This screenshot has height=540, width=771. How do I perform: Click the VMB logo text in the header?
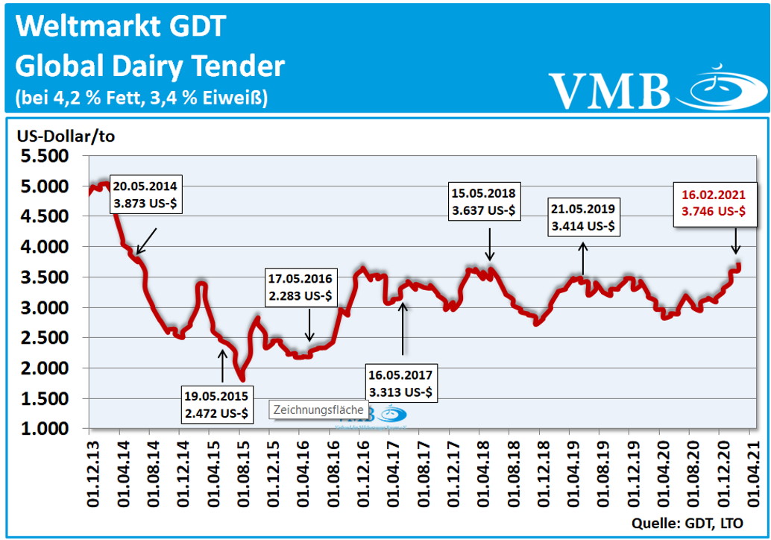click(609, 89)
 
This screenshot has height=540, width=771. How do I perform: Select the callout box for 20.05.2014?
click(147, 194)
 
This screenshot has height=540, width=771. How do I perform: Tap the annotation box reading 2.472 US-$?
click(217, 404)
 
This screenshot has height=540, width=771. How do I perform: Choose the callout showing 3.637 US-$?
click(483, 201)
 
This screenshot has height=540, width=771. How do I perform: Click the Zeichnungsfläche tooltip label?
click(319, 409)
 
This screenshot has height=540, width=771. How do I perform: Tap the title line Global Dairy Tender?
click(150, 66)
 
